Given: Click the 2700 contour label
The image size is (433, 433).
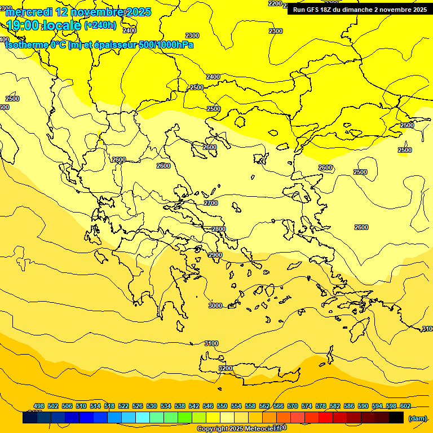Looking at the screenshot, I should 211,203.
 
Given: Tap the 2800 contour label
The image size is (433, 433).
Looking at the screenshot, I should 218,229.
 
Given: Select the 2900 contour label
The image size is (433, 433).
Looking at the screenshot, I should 215,255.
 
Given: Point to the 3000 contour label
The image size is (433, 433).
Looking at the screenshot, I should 215,306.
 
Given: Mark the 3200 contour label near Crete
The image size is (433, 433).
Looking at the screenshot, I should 226,368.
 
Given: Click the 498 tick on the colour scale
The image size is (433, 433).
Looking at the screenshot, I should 39,406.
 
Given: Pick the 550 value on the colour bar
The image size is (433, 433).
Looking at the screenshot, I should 222,406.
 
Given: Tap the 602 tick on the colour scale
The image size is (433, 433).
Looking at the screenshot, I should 405,406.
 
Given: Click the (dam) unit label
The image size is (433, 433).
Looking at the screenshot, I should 417,418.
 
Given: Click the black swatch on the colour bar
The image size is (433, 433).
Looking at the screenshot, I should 396,418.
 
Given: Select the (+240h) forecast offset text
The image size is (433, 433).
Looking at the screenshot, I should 100,25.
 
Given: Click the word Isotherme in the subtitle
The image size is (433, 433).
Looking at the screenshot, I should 26,45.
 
